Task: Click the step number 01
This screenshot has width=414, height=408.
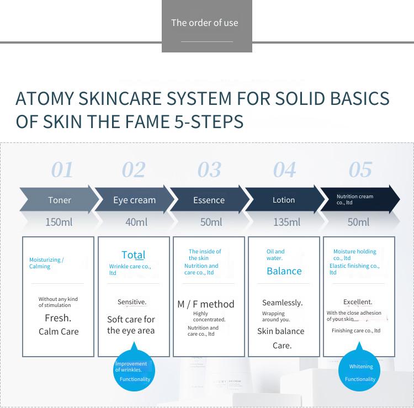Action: (x=62, y=170)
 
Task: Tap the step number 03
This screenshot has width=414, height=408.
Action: (x=209, y=170)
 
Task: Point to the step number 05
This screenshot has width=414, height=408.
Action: (x=360, y=170)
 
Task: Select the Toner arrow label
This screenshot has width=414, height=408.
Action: (x=60, y=200)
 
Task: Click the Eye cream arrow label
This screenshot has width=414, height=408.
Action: (x=134, y=200)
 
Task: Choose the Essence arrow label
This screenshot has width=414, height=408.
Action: (x=209, y=200)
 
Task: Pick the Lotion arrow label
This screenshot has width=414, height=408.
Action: (x=284, y=200)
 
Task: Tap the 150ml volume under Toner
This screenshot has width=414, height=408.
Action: (x=59, y=222)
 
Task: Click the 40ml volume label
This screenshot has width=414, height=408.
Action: (x=136, y=222)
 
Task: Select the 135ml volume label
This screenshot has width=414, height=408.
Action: (x=286, y=222)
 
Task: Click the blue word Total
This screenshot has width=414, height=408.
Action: (x=134, y=255)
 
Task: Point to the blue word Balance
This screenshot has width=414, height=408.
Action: (x=284, y=271)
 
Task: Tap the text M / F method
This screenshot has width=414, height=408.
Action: (x=206, y=304)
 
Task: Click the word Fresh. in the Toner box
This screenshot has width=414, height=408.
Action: (x=58, y=318)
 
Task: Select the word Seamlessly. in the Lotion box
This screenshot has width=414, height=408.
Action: (x=283, y=303)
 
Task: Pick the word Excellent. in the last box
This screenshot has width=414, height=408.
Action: (x=358, y=302)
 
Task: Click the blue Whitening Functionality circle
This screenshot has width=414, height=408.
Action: (x=359, y=370)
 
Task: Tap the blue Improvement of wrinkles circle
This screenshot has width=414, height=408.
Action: (x=134, y=370)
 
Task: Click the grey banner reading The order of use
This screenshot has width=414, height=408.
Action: (x=207, y=26)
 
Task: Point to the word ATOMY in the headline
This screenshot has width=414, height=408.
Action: (x=45, y=98)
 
